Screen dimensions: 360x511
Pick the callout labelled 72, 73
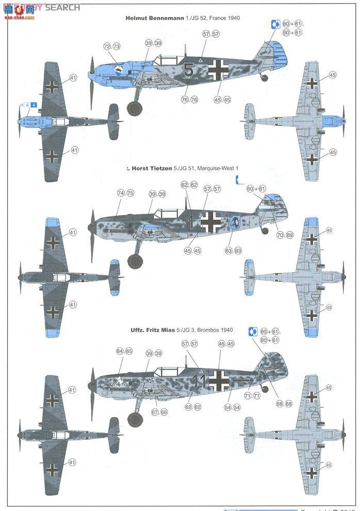coord(112,46)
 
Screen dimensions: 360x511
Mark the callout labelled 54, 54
coord(233,407)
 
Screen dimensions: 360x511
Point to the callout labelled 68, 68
coord(285,404)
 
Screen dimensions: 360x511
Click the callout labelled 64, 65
coord(124,352)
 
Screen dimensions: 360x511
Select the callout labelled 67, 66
coord(159,412)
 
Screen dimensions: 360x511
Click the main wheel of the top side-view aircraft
coord(135,108)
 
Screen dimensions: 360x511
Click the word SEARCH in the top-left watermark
coord(62,7)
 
